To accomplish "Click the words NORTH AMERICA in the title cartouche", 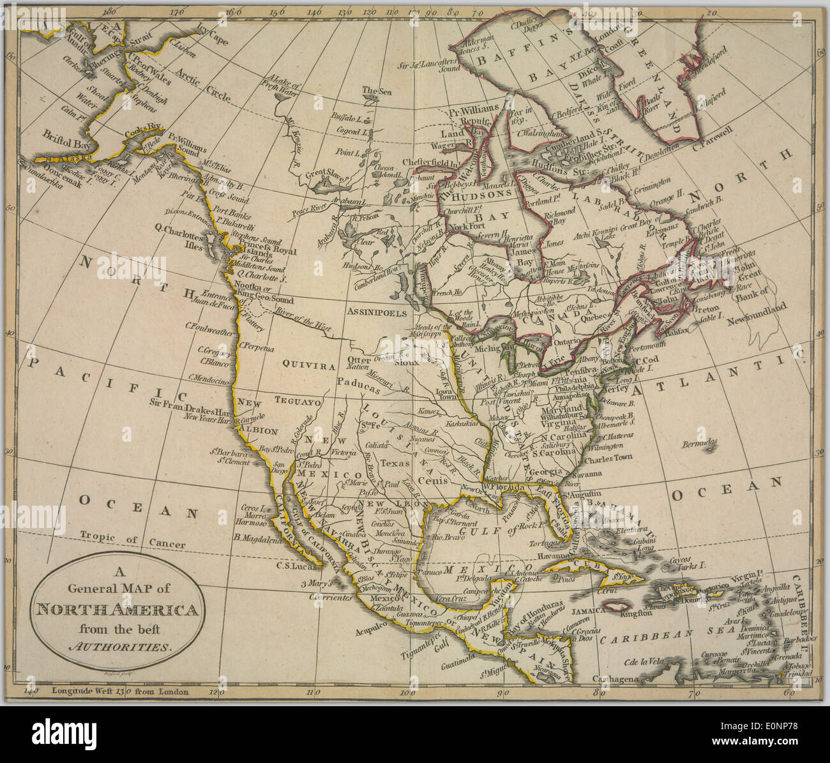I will [x=116, y=610].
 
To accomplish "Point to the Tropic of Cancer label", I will [x=133, y=541].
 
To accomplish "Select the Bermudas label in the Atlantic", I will [x=698, y=442].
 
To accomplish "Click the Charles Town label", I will [x=607, y=458].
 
